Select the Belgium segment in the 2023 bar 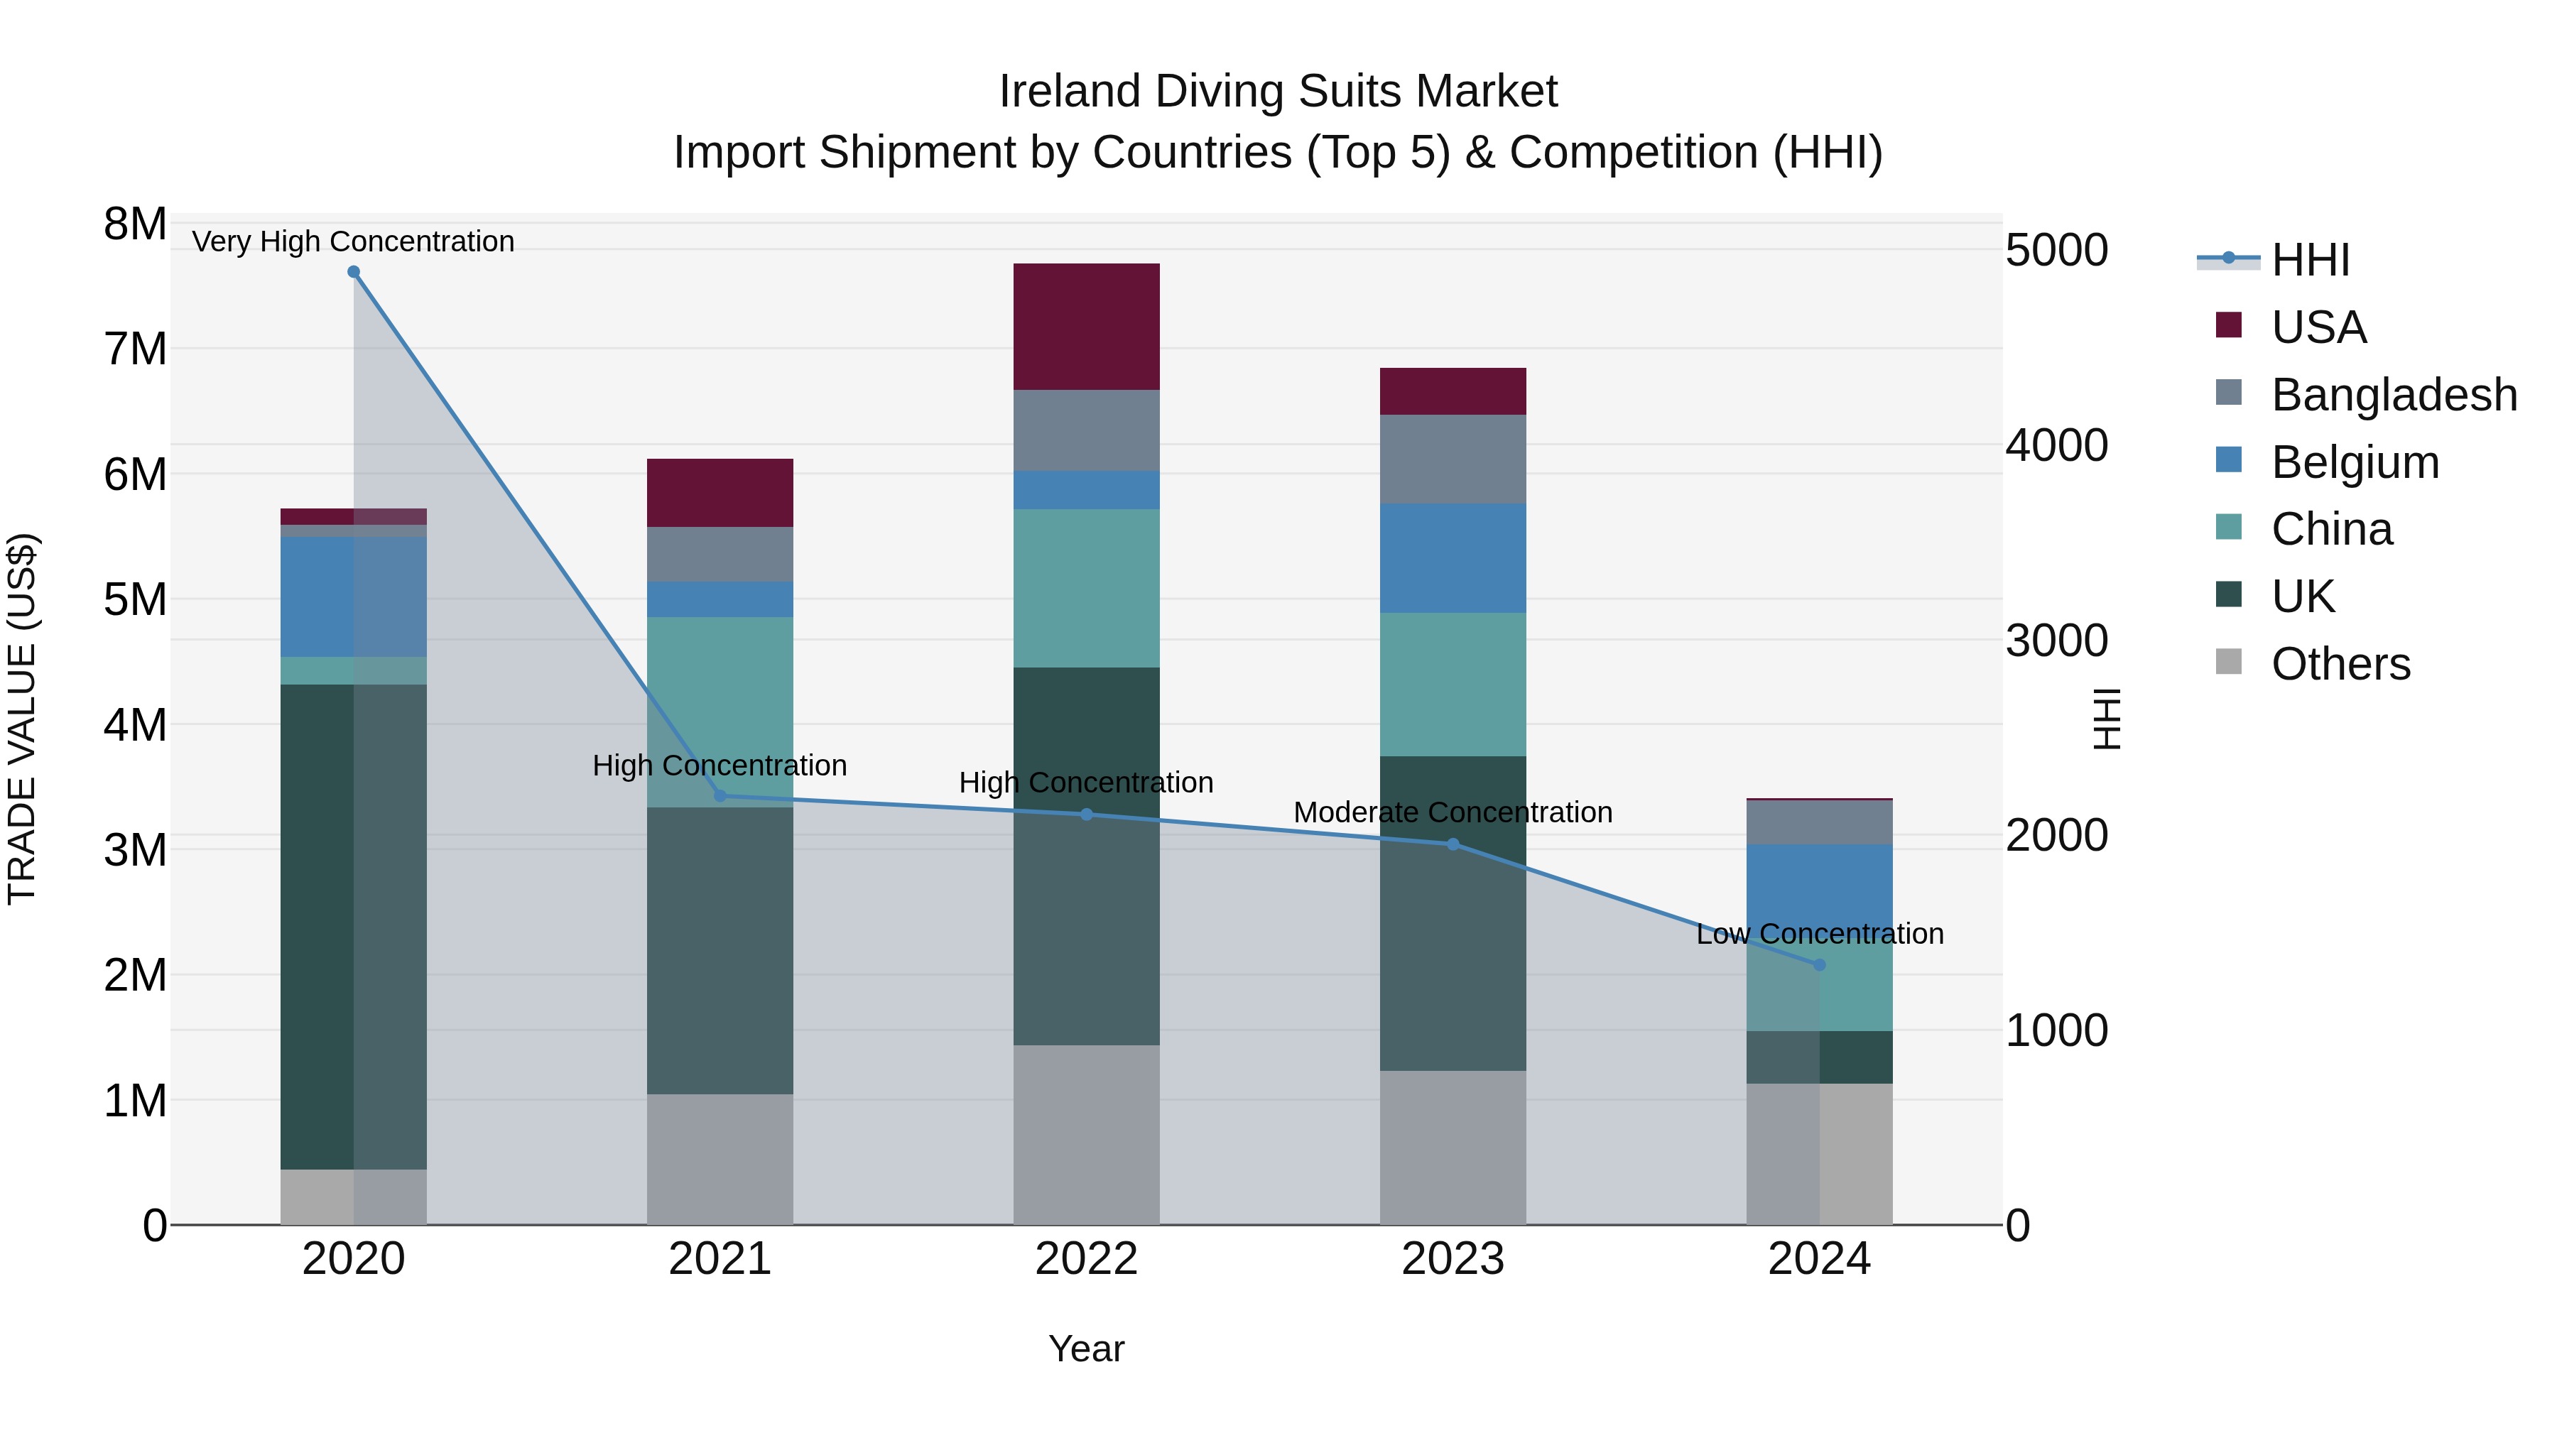1453,557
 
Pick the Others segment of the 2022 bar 1086,1134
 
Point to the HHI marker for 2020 354,272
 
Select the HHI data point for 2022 1086,815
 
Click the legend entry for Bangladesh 2392,395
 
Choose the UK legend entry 2302,597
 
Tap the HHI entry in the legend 2309,260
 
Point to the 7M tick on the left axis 136,349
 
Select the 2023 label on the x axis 1453,1259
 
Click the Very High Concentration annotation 354,241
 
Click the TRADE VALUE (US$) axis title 22,719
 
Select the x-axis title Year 1086,1349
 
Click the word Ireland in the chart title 1070,92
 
